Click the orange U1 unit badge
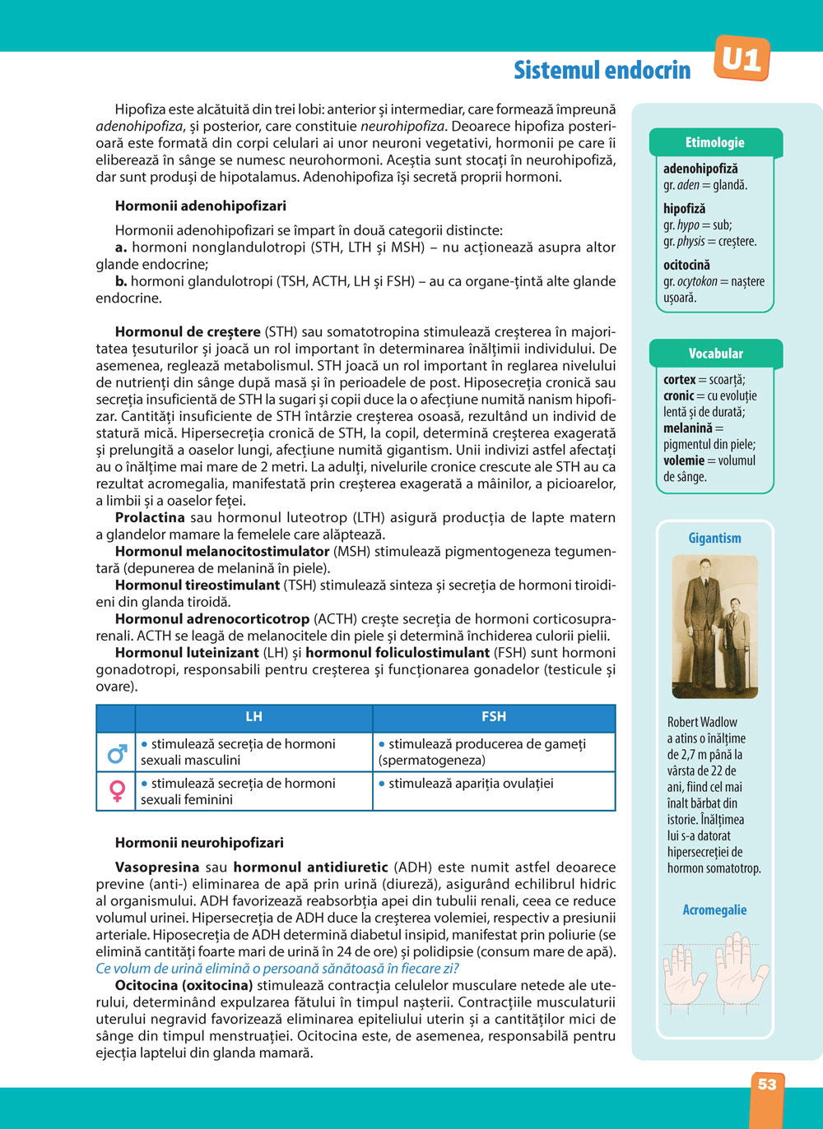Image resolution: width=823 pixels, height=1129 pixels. point(742,59)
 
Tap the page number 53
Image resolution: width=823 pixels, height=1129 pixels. point(767,1085)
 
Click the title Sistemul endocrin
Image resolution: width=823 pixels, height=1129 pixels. point(602,71)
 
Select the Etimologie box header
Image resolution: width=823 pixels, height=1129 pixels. point(714,142)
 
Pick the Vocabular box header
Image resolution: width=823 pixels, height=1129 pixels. point(715,354)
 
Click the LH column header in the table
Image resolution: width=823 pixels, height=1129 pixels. point(253,717)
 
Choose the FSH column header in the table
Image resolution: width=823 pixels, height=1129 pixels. point(494,717)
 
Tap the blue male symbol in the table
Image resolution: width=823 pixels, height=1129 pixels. point(117,752)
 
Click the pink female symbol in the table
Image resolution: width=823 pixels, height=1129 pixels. point(117,791)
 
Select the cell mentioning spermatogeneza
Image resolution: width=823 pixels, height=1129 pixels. point(494,752)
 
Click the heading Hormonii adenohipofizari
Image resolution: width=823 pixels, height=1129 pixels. point(201,206)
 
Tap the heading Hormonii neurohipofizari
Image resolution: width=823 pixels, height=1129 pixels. point(199,843)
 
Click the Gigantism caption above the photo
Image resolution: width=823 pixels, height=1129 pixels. point(714,539)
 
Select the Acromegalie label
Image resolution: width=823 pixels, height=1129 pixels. point(714,910)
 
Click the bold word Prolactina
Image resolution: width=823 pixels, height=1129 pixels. point(150,518)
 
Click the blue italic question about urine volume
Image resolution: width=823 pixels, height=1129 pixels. point(277,969)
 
